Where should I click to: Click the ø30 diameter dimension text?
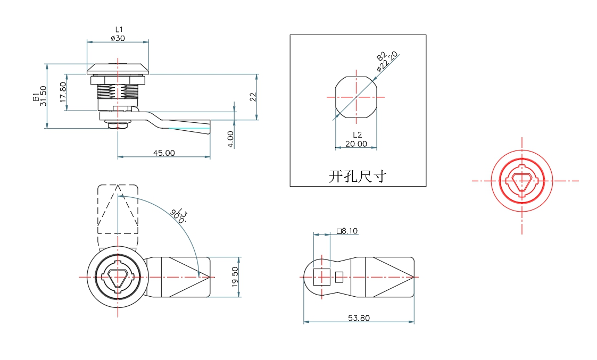click(x=118, y=38)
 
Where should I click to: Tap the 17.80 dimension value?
click(x=63, y=93)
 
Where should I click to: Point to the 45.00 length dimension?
click(x=164, y=153)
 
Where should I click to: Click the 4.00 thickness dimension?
click(x=230, y=139)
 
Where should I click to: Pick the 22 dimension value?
click(x=253, y=96)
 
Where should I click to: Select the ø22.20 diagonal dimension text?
click(x=387, y=62)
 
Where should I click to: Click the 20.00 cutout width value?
click(x=356, y=144)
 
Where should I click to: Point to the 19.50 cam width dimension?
click(x=235, y=277)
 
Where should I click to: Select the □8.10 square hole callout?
click(x=347, y=231)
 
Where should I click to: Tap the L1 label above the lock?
click(x=119, y=29)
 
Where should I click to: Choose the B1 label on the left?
click(x=35, y=96)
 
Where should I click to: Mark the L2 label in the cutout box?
click(x=357, y=135)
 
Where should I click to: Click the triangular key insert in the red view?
click(x=522, y=181)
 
